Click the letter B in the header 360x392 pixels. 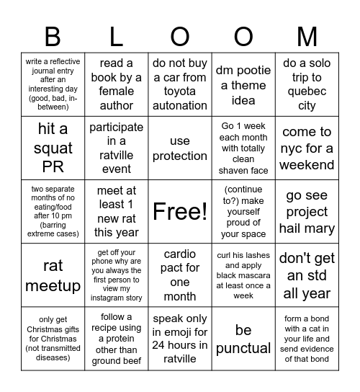53,37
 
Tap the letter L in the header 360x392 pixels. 117,37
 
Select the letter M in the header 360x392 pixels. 307,37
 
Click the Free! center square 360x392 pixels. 180,211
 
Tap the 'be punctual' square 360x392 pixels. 243,339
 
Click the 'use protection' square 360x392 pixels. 180,148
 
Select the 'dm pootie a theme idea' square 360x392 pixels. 243,84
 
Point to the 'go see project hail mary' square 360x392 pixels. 307,211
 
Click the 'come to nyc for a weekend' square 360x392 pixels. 307,148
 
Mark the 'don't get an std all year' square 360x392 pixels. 307,275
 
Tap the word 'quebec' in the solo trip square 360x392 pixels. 307,92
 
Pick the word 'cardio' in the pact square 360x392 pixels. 180,254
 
